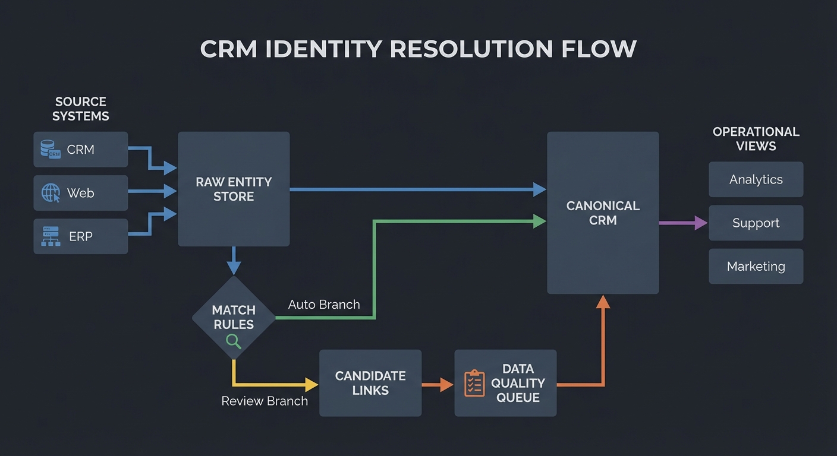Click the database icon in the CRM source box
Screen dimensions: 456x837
[x=51, y=149]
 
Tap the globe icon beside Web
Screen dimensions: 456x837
[x=51, y=193]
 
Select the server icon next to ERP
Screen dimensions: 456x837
[x=51, y=236]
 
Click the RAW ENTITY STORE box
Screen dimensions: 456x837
[x=234, y=189]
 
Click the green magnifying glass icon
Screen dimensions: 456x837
[x=234, y=341]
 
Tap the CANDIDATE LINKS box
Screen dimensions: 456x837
[x=370, y=383]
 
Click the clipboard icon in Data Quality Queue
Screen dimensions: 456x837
[x=474, y=383]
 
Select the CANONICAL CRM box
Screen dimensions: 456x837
[x=602, y=213]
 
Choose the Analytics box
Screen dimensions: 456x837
[x=756, y=179]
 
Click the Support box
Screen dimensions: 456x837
[x=756, y=223]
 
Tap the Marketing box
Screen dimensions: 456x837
[x=756, y=267]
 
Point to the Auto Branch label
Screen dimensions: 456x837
[x=324, y=305]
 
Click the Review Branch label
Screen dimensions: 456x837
[x=265, y=401]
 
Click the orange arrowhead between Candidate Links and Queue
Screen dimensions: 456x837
[x=446, y=384]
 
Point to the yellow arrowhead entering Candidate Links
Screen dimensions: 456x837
[x=311, y=384]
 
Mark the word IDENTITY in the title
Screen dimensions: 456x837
[x=325, y=49]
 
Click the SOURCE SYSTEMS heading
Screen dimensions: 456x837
[x=80, y=109]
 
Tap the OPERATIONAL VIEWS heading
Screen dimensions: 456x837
[x=756, y=139]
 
